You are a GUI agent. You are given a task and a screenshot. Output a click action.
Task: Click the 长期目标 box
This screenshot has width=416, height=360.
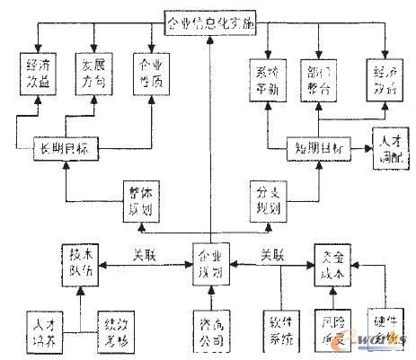pyautogui.click(x=64, y=146)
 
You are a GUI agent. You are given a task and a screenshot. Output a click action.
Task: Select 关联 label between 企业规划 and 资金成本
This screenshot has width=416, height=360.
pyautogui.click(x=273, y=254)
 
